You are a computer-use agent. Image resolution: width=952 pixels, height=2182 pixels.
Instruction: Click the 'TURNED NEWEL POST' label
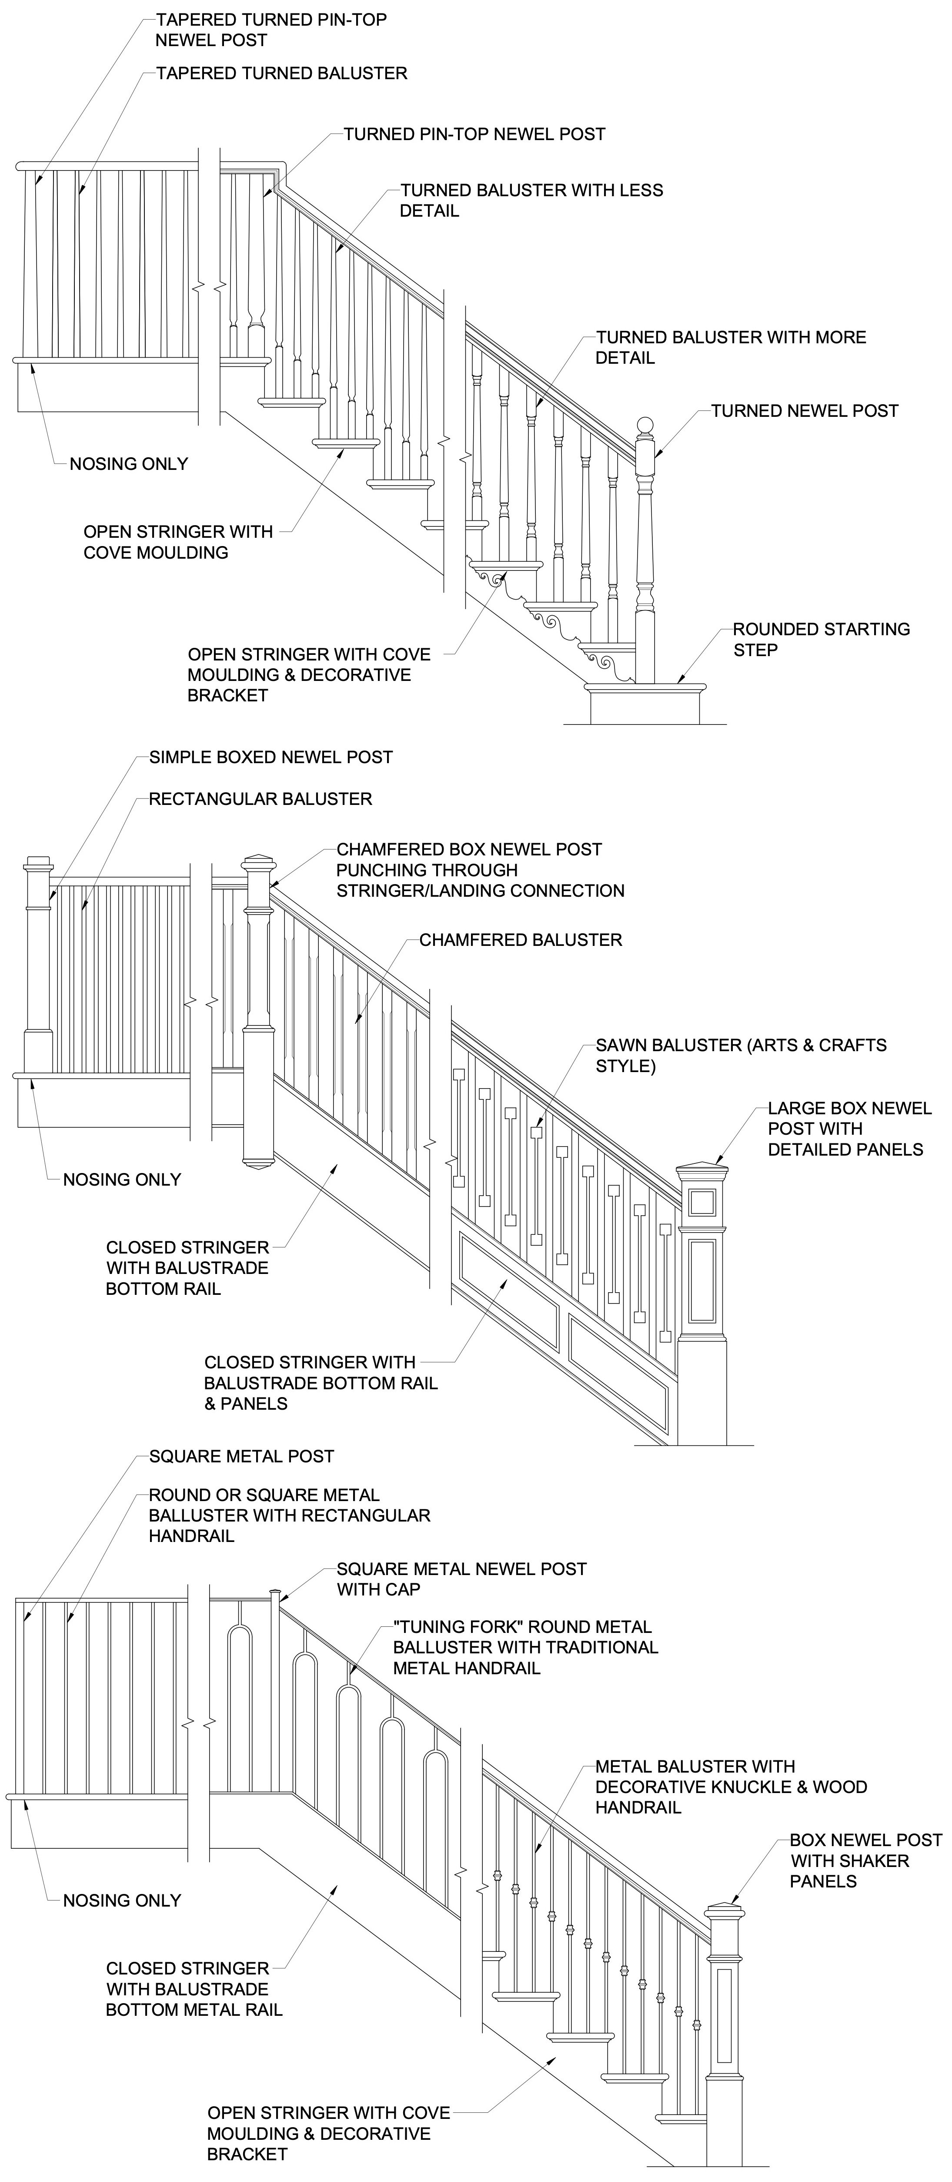click(804, 411)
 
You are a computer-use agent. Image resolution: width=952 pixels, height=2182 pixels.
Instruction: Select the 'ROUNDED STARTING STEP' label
click(821, 640)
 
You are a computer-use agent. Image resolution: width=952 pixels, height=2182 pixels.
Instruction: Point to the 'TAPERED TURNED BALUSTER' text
click(281, 74)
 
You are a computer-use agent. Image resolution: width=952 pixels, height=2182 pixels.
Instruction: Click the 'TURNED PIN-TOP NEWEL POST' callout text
click(474, 134)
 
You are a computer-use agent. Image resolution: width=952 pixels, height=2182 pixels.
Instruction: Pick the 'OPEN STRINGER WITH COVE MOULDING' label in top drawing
click(178, 542)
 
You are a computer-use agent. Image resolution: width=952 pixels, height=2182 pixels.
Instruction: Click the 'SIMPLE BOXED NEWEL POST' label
click(270, 757)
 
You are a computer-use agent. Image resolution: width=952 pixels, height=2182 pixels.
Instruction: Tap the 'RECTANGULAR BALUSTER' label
click(260, 799)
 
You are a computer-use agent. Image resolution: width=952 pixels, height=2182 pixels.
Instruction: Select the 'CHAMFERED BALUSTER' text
click(520, 940)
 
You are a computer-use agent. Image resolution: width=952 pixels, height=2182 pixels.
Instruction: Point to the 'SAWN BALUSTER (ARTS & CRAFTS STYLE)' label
click(740, 1056)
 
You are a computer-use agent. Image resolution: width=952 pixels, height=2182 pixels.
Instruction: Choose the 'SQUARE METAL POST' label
click(241, 1457)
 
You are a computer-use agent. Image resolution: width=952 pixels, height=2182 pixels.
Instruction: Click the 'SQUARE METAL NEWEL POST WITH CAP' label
click(461, 1579)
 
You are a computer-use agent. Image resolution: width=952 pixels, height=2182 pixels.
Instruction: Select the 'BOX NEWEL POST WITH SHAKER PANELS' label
click(865, 1861)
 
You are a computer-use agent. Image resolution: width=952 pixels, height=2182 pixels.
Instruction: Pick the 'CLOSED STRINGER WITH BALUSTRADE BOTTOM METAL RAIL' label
click(194, 1989)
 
